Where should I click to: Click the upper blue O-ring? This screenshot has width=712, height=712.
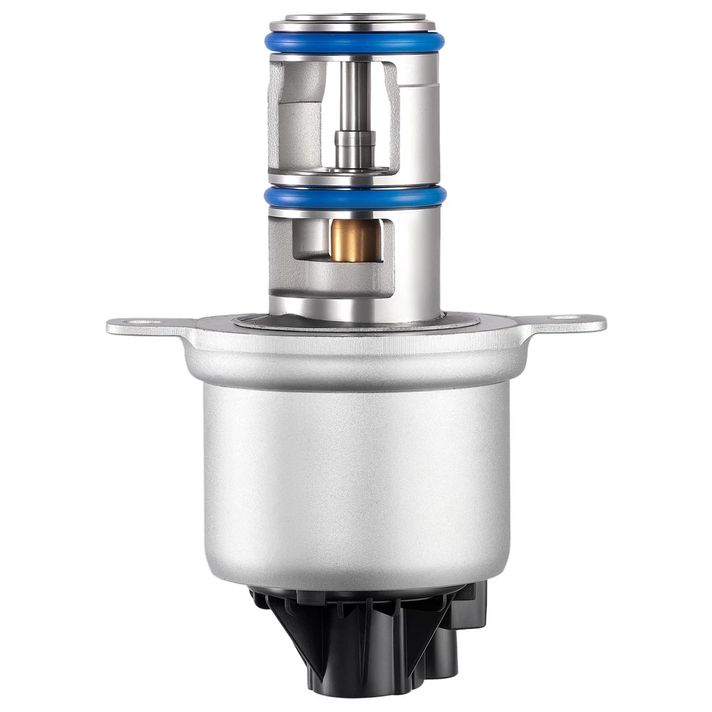coord(355,43)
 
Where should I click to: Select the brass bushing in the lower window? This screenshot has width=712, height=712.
coord(355,240)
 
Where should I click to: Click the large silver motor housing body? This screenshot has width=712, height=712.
coord(356,475)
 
